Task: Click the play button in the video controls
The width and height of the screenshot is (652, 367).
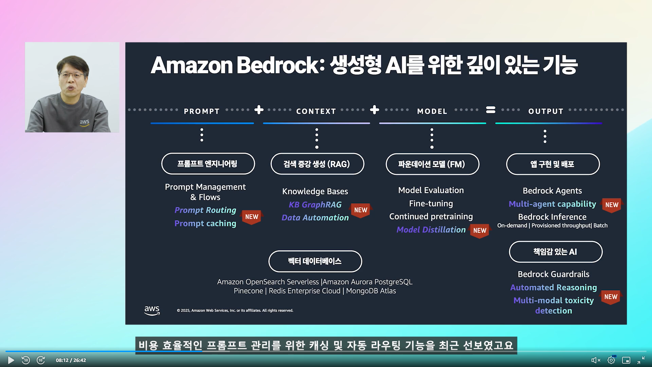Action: pyautogui.click(x=11, y=360)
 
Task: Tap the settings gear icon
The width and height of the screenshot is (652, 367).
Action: pyautogui.click(x=611, y=360)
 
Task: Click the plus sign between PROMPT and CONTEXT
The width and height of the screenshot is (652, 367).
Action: pyautogui.click(x=259, y=110)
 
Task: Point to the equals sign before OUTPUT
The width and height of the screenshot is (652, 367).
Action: pyautogui.click(x=491, y=110)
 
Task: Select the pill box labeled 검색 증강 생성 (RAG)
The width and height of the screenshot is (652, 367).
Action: pyautogui.click(x=317, y=164)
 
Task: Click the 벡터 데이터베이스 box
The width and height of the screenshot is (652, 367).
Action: pyautogui.click(x=315, y=261)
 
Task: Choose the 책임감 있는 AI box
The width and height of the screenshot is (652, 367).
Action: pyautogui.click(x=556, y=252)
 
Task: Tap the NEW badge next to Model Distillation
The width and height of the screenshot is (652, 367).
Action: pyautogui.click(x=479, y=231)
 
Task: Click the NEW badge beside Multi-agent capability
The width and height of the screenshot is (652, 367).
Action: pyautogui.click(x=612, y=205)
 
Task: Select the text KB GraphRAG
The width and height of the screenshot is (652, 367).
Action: pyautogui.click(x=315, y=205)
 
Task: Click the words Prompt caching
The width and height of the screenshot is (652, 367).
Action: pyautogui.click(x=205, y=223)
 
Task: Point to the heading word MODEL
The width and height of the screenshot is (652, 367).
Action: pyautogui.click(x=432, y=111)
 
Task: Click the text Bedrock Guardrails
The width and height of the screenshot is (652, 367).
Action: pyautogui.click(x=554, y=274)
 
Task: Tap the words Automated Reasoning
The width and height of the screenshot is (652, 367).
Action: pyautogui.click(x=554, y=287)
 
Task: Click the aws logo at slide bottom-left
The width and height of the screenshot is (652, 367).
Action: pyautogui.click(x=152, y=310)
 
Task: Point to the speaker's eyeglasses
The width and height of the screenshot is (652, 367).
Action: pyautogui.click(x=72, y=74)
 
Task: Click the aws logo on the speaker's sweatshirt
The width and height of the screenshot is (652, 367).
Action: pyautogui.click(x=85, y=122)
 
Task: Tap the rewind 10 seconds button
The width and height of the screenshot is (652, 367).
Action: pyautogui.click(x=26, y=360)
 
